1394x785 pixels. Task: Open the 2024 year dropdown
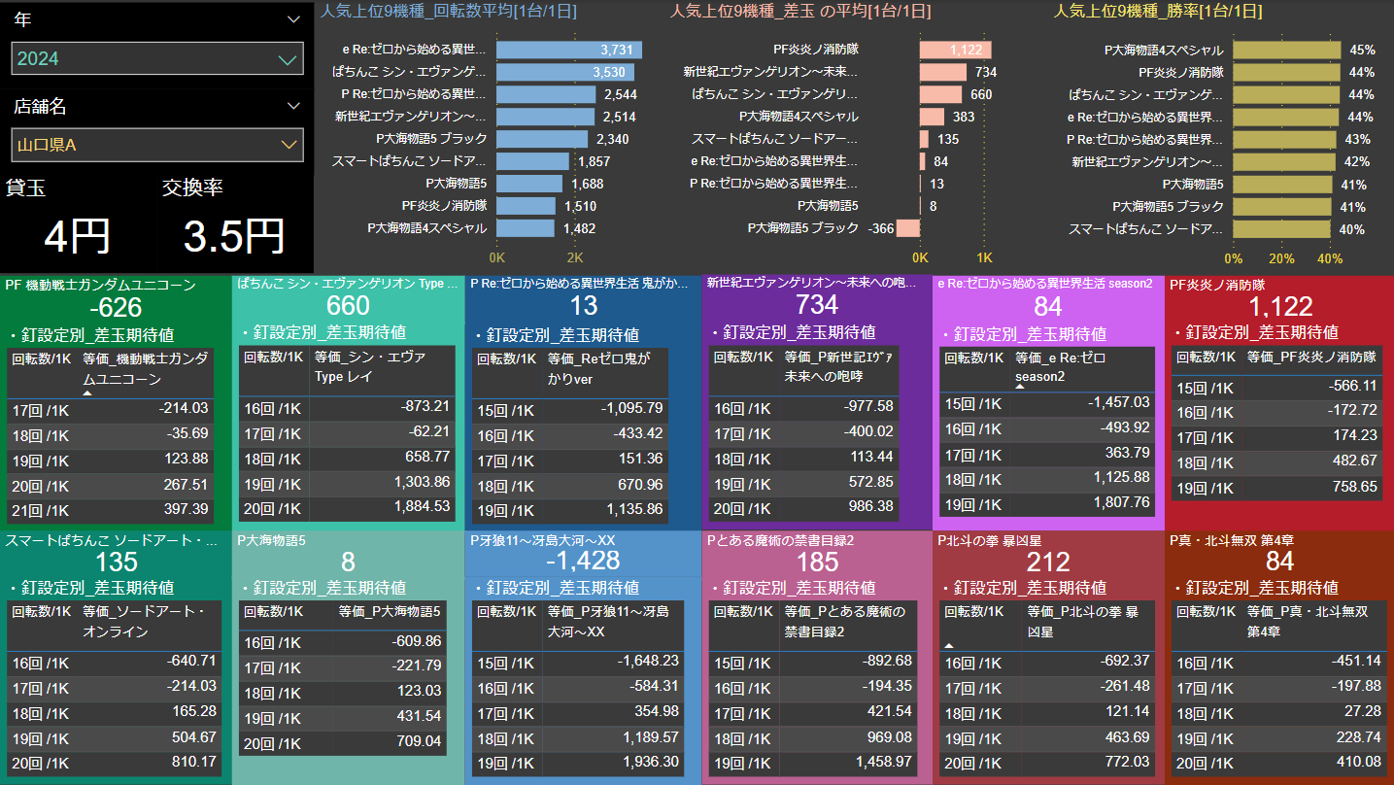click(157, 59)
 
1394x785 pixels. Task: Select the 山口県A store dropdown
click(157, 146)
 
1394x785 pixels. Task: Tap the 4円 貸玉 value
click(78, 236)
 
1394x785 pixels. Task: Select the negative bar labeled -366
click(908, 228)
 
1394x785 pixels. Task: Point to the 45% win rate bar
click(1286, 50)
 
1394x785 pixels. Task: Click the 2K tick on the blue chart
click(575, 258)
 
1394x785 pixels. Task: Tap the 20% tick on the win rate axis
click(1281, 258)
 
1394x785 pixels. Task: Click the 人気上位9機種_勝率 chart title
click(1158, 12)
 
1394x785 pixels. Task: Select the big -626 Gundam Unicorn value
click(115, 308)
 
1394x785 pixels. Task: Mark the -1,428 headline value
click(582, 562)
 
